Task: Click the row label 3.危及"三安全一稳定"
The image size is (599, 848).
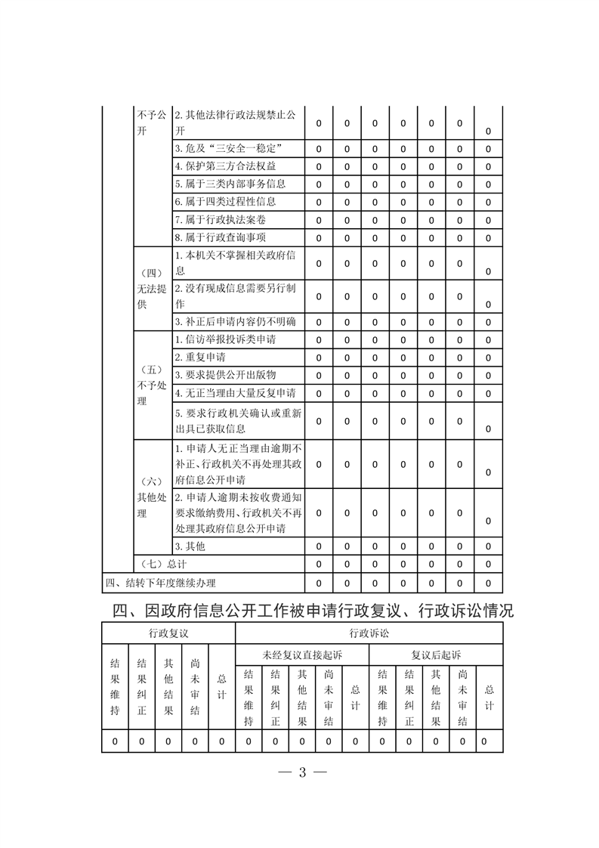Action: (x=229, y=147)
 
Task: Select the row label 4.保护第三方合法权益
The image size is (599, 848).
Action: (x=224, y=166)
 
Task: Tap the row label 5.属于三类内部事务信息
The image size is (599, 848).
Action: (x=230, y=184)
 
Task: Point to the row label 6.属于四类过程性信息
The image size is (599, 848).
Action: (x=225, y=202)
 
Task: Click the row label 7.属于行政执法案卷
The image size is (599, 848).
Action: (x=220, y=220)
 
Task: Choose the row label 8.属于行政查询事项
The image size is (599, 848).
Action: (x=220, y=238)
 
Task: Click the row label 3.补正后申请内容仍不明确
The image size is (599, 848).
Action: (x=235, y=322)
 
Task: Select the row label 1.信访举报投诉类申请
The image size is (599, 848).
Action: (x=225, y=339)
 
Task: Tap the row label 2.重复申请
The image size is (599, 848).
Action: (x=200, y=357)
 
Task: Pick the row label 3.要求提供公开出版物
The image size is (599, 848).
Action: (x=225, y=375)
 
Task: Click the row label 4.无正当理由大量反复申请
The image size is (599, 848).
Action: (x=235, y=394)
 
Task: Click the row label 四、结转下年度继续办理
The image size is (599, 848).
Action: (x=160, y=583)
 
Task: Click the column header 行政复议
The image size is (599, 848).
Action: (x=168, y=633)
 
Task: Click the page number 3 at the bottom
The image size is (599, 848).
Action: (x=300, y=772)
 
